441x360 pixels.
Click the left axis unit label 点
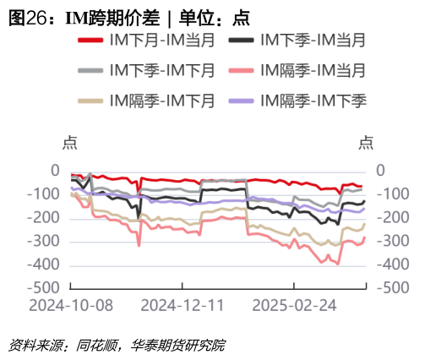(x=70, y=143)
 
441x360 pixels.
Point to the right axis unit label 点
(x=366, y=143)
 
